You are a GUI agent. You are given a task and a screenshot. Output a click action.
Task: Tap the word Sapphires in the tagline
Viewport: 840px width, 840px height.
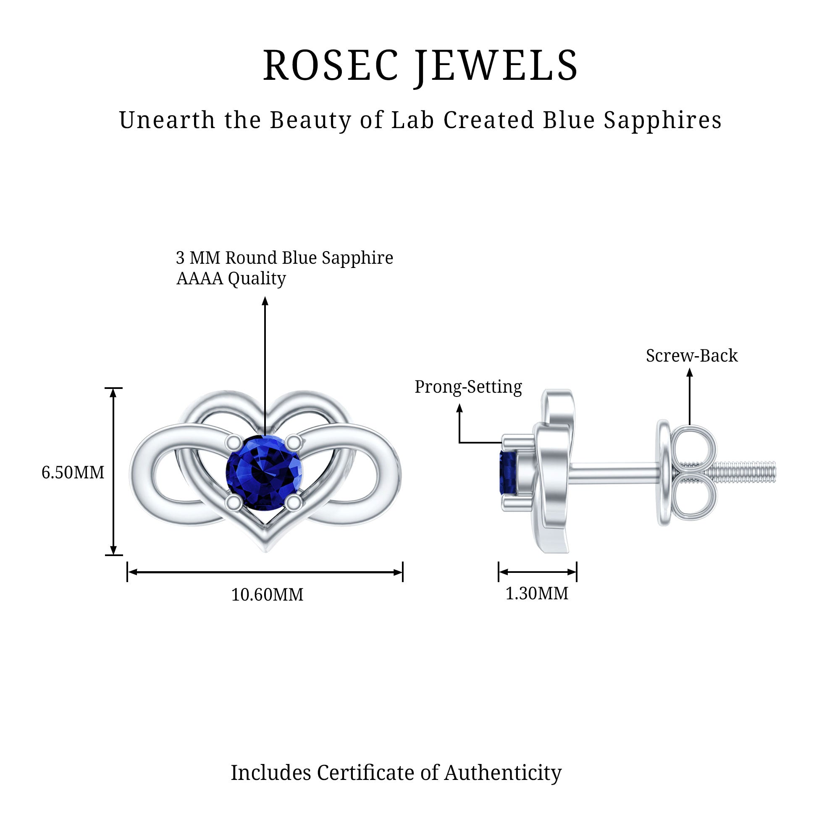pyautogui.click(x=663, y=120)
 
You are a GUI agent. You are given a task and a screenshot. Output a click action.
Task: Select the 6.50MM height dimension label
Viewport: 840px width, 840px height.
pyautogui.click(x=73, y=472)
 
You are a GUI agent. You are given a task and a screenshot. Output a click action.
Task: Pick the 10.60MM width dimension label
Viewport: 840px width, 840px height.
pyautogui.click(x=267, y=595)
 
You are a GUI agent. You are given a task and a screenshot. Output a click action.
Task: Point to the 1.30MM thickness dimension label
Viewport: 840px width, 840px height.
pyautogui.click(x=536, y=593)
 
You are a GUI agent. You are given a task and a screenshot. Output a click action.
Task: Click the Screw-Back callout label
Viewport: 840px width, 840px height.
pyautogui.click(x=691, y=356)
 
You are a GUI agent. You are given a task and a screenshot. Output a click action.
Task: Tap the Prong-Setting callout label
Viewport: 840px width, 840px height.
pyautogui.click(x=468, y=386)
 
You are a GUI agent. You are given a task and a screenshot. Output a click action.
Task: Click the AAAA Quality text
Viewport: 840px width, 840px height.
pyautogui.click(x=231, y=279)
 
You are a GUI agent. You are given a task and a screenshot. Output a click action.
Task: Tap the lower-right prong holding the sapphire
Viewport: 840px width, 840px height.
pyautogui.click(x=294, y=503)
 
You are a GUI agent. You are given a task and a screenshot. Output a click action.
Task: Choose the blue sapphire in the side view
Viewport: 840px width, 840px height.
pyautogui.click(x=508, y=472)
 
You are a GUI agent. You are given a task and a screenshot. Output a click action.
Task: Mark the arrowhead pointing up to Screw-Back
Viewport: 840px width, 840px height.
pyautogui.click(x=690, y=373)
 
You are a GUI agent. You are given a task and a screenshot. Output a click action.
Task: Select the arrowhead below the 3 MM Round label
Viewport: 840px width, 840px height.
pyautogui.click(x=265, y=301)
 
